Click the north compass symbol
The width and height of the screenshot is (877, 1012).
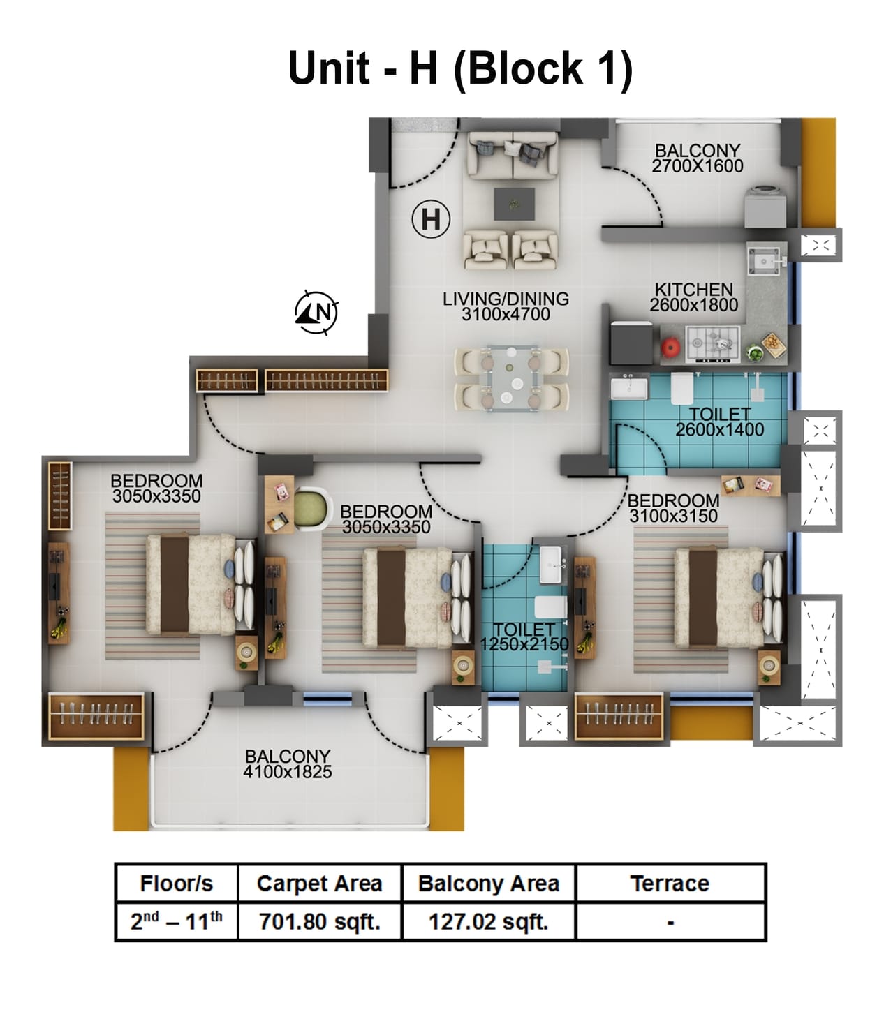(x=316, y=312)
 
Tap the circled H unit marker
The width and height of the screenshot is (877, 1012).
(x=430, y=219)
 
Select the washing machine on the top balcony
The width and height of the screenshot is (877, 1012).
(x=765, y=206)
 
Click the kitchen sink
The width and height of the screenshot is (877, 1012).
(x=765, y=261)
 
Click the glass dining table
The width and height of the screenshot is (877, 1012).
(x=512, y=378)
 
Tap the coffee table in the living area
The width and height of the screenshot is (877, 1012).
(x=514, y=204)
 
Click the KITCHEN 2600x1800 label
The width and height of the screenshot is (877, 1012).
(x=693, y=297)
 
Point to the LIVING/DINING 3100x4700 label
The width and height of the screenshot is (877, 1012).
(x=506, y=306)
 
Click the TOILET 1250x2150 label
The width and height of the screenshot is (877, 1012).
(x=524, y=637)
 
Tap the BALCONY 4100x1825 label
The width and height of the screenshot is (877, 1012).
(x=287, y=764)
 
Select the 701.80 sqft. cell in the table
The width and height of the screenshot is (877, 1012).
(x=319, y=922)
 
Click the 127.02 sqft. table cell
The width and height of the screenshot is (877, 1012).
(x=488, y=922)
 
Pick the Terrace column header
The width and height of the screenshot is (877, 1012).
(x=670, y=884)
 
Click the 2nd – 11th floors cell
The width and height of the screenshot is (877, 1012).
(x=176, y=922)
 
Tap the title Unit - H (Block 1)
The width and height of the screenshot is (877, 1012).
(x=460, y=68)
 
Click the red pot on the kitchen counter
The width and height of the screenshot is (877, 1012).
(x=671, y=347)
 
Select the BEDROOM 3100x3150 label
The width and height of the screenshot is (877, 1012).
(x=673, y=508)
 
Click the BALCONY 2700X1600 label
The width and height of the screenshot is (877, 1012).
(x=697, y=158)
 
